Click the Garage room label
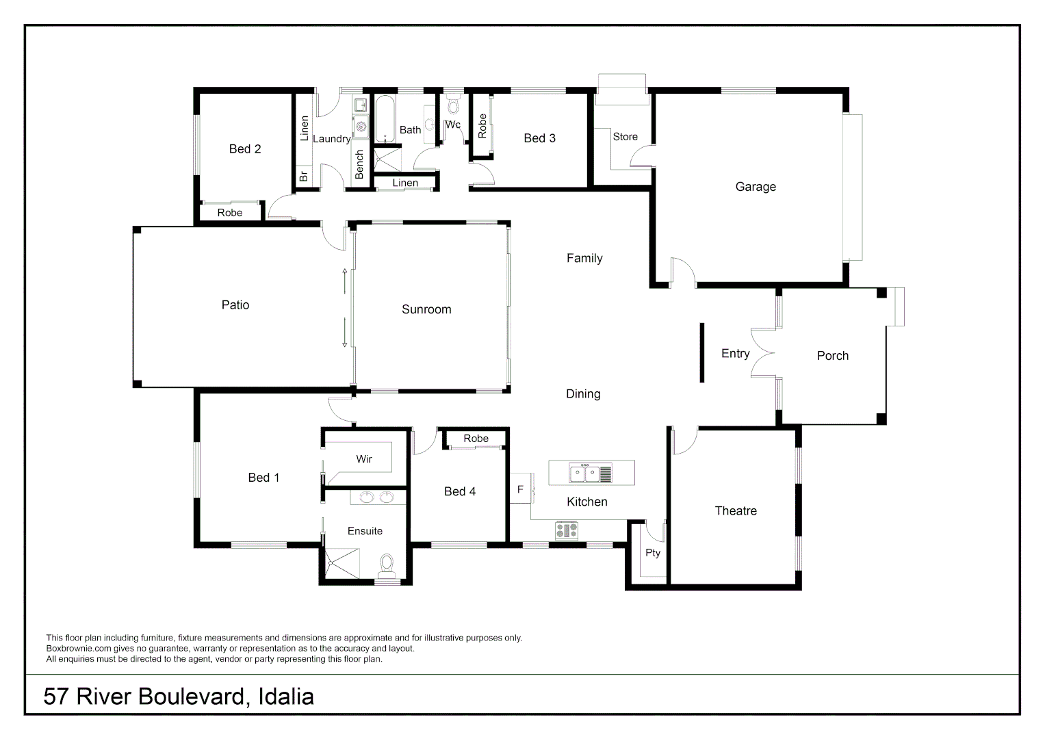click(x=756, y=187)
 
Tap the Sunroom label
click(x=426, y=309)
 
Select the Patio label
click(x=235, y=305)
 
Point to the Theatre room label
click(x=736, y=511)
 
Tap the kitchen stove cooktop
click(x=566, y=530)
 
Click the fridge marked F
click(x=520, y=489)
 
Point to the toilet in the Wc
click(x=453, y=106)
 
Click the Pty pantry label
click(x=653, y=553)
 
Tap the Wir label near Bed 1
click(x=364, y=459)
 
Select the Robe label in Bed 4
click(x=476, y=439)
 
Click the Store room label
click(x=625, y=137)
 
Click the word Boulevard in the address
click(x=192, y=697)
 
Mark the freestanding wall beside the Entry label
click(x=702, y=352)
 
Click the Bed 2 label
click(x=245, y=149)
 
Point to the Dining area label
click(x=583, y=394)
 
